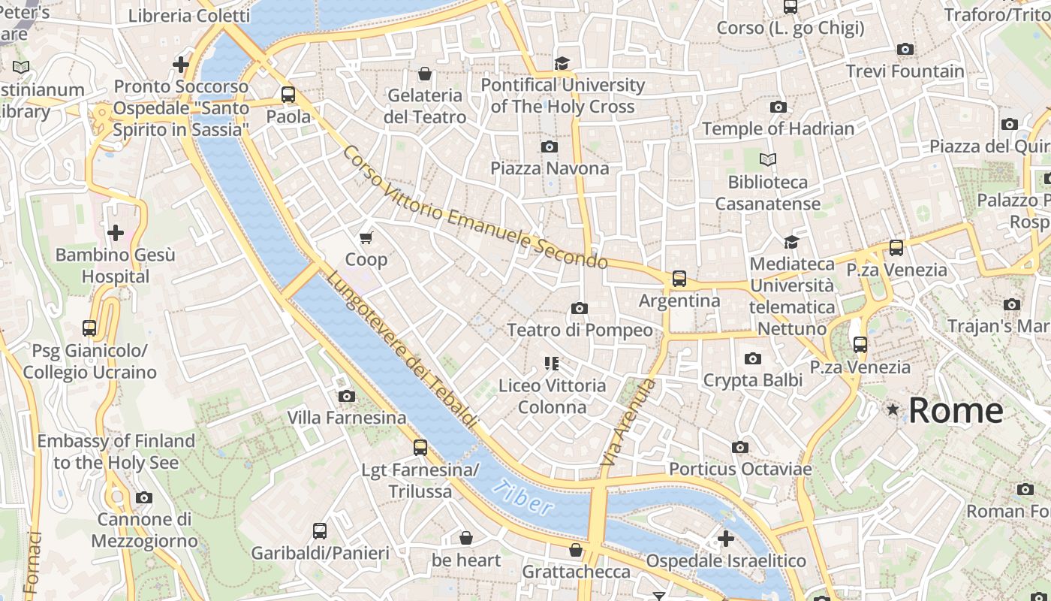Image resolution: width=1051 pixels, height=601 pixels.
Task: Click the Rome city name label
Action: point(956,410)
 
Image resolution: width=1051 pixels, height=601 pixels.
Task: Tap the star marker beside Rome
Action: point(893,409)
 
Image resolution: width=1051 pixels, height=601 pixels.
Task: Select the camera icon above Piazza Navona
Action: point(550,146)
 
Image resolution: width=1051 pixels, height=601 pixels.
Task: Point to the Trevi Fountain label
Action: point(905,71)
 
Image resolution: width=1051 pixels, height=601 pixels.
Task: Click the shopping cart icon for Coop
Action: point(366,238)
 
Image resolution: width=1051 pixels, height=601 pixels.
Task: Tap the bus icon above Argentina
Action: point(679,279)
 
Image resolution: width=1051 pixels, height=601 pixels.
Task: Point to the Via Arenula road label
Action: point(629,422)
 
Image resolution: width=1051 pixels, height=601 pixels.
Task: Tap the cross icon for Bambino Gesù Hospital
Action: point(116,233)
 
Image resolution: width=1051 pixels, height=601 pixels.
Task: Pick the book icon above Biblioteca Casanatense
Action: point(767,160)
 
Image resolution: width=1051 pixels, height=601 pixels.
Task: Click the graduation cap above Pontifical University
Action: point(562,63)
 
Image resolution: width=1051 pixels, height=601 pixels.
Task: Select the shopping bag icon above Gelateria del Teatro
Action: point(425,74)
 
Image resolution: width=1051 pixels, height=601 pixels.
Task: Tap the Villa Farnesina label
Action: point(347,418)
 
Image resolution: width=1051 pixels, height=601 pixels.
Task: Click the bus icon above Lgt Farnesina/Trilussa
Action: point(420,448)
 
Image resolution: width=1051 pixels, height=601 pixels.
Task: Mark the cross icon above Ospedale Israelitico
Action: point(725,539)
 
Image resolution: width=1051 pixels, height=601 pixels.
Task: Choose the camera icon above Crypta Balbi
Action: point(752,359)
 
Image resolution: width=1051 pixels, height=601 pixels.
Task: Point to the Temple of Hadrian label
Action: point(778,128)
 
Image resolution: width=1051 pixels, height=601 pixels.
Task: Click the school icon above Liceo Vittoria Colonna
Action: point(553,364)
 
